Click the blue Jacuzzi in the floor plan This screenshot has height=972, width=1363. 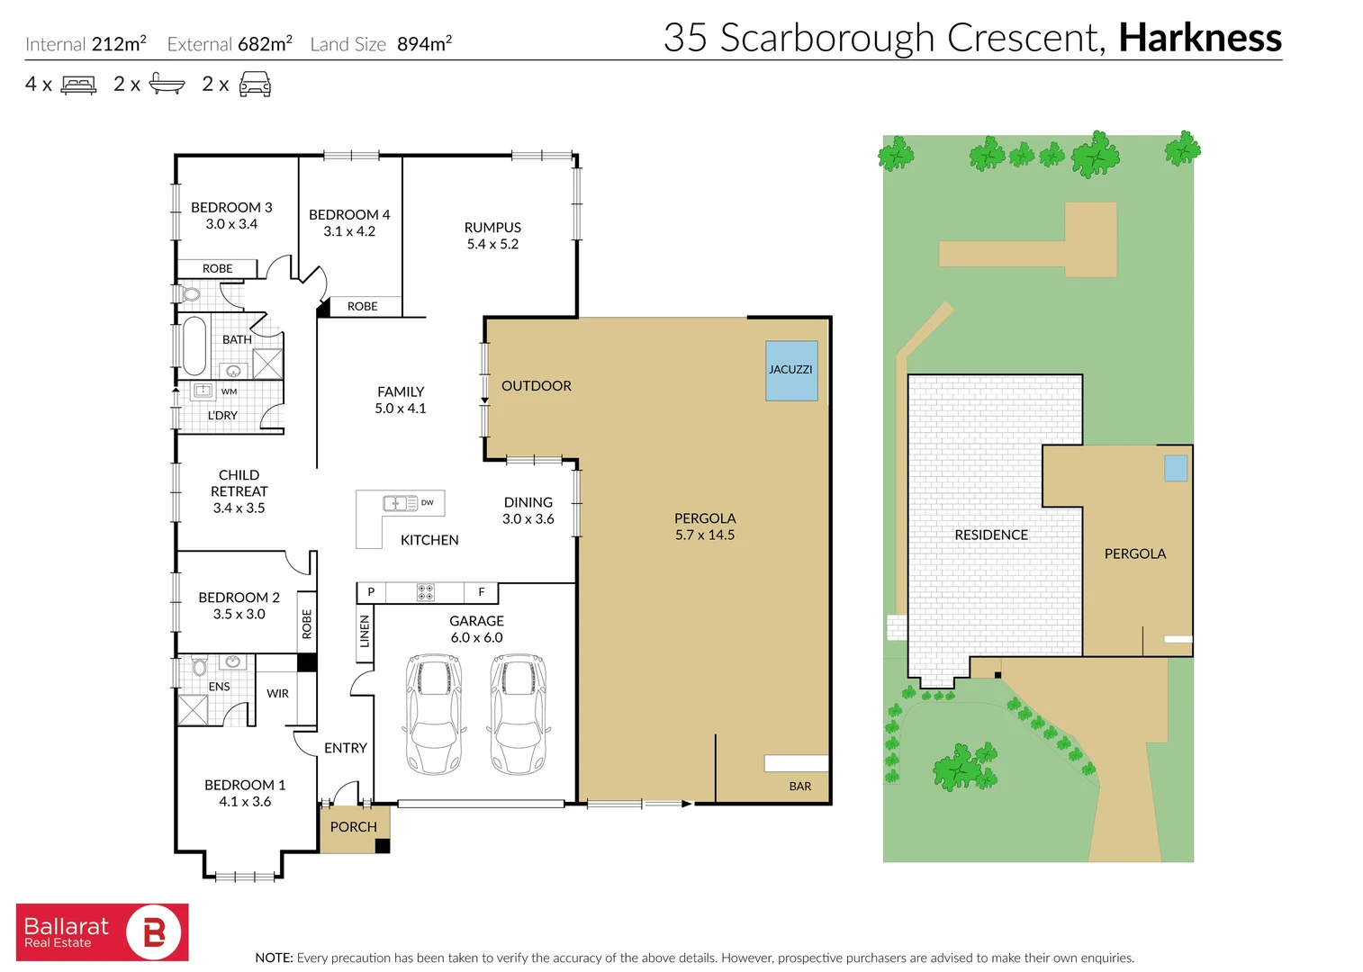tap(791, 370)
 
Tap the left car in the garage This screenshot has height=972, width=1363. tap(434, 714)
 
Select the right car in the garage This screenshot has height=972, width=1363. tap(518, 714)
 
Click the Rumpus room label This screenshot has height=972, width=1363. tap(492, 236)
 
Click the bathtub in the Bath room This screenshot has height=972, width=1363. tap(194, 346)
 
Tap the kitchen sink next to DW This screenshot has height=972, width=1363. tap(400, 503)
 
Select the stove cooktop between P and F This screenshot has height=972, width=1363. tap(426, 592)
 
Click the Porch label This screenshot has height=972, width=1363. tap(353, 827)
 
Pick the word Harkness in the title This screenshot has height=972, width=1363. tap(1199, 39)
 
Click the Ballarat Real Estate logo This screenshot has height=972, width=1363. tap(102, 932)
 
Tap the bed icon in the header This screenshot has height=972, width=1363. tap(78, 85)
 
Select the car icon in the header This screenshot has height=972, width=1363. tap(255, 85)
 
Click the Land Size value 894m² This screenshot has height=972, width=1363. tap(424, 44)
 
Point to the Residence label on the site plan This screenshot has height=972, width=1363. tap(990, 535)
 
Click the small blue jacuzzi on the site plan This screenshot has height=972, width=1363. tap(1175, 468)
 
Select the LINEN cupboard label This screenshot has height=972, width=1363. tap(365, 632)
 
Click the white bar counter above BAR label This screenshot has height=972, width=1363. tap(796, 763)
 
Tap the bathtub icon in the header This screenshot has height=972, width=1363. tap(167, 85)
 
